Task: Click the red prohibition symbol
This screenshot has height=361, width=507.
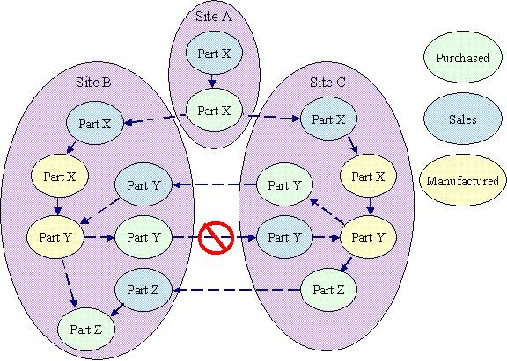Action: click(x=217, y=238)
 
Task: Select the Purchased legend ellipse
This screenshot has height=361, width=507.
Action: click(x=463, y=57)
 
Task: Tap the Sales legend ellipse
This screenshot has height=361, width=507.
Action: click(x=463, y=119)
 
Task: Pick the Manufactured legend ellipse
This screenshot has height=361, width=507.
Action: click(x=463, y=180)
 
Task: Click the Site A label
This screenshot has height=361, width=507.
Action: click(x=214, y=17)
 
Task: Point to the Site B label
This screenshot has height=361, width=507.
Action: click(x=93, y=83)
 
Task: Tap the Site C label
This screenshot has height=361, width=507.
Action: click(x=327, y=83)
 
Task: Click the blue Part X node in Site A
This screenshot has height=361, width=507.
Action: click(x=214, y=54)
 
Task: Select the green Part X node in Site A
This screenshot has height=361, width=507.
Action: click(x=214, y=111)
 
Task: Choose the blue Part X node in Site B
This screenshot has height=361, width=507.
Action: click(x=95, y=123)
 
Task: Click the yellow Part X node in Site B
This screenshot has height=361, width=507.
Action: click(x=60, y=177)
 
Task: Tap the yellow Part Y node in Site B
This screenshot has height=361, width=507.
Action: click(x=55, y=237)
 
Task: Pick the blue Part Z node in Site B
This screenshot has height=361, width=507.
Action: click(x=143, y=289)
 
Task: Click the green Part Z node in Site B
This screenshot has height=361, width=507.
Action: click(x=86, y=329)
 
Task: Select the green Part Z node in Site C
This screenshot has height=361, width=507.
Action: click(x=328, y=289)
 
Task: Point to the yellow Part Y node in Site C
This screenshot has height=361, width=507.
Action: click(x=368, y=237)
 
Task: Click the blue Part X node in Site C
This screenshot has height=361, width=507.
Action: click(x=328, y=119)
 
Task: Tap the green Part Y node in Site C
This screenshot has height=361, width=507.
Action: click(x=284, y=184)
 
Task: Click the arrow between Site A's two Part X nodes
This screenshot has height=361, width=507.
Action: click(x=212, y=82)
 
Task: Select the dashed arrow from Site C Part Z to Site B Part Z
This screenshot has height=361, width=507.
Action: click(x=237, y=290)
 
